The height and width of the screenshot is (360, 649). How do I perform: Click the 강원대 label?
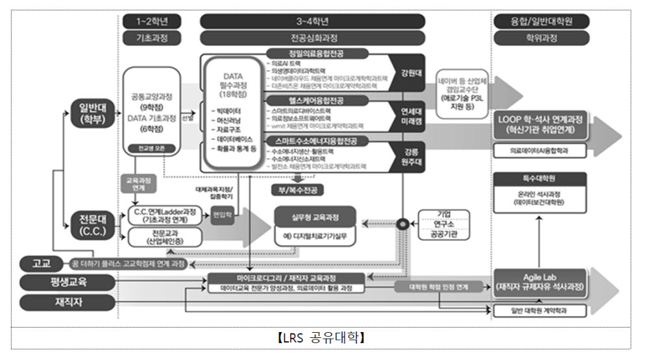point(409,73)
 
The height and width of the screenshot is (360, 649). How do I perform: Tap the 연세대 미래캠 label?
point(409,115)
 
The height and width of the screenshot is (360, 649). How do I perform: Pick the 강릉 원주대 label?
point(409,156)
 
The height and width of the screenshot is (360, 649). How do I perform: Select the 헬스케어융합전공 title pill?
point(317,101)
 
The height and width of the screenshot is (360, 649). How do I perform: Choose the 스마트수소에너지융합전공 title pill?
point(317,141)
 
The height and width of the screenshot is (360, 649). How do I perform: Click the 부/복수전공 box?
point(297,190)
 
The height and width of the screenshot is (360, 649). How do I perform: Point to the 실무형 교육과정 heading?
point(315,216)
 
